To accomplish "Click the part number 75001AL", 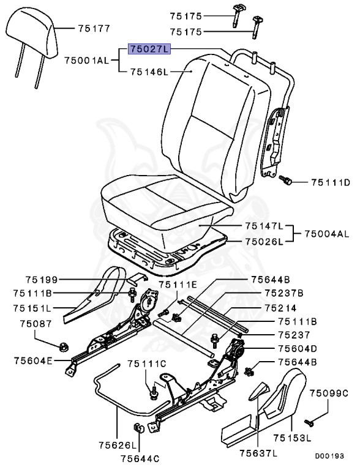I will pos(86,60).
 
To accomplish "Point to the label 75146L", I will pos(149,72).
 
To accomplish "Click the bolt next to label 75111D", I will pos(286,180).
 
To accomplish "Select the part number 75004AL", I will pos(326,234).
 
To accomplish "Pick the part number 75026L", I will pos(264,241).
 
